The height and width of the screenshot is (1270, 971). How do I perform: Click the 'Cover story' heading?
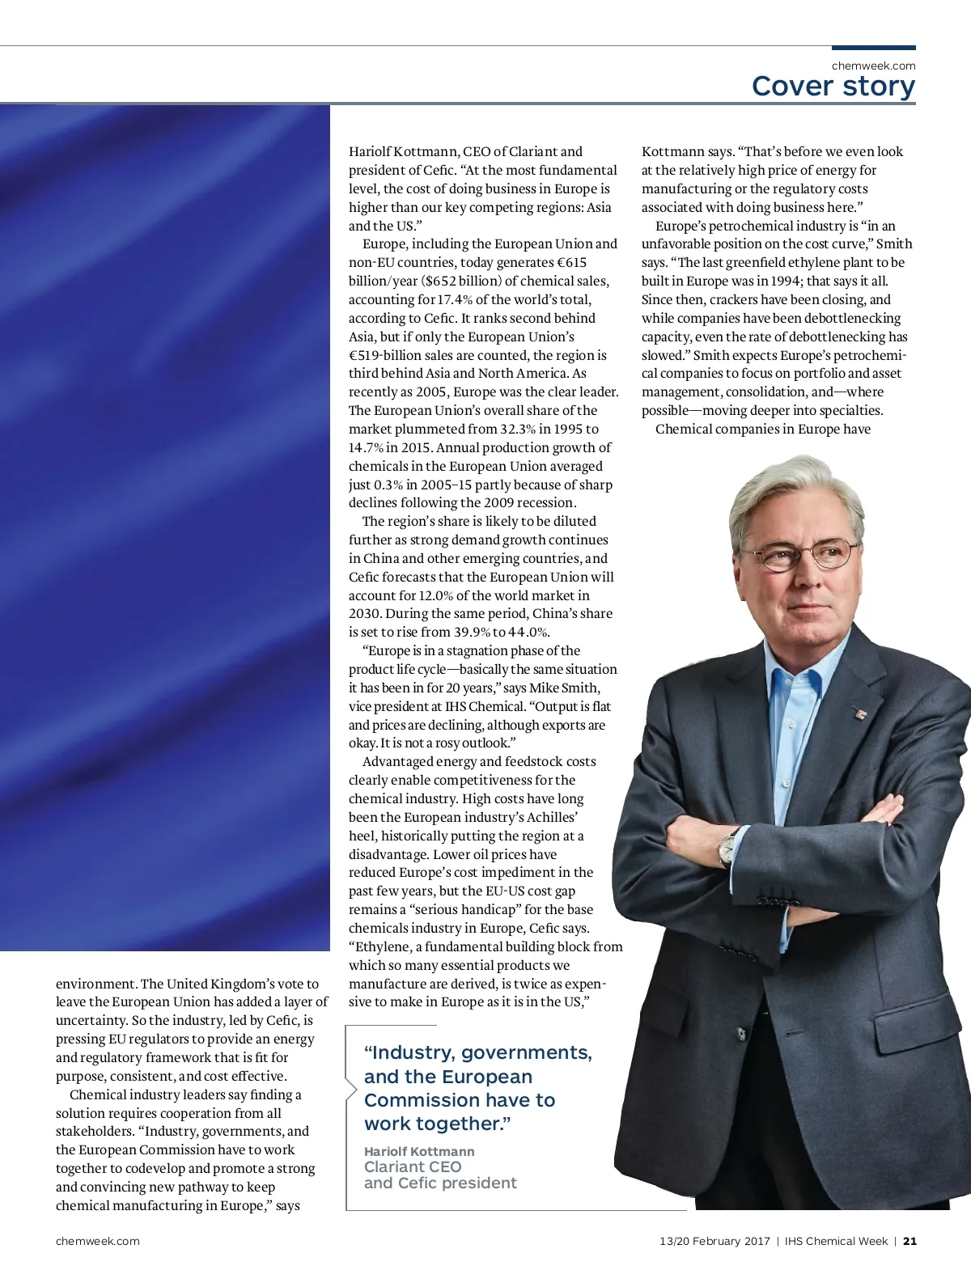click(x=833, y=86)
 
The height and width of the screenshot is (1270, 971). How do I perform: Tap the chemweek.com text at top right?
click(x=873, y=66)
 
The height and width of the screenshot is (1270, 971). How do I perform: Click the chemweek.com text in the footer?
click(x=97, y=1241)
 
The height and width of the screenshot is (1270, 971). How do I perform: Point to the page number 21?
click(x=910, y=1241)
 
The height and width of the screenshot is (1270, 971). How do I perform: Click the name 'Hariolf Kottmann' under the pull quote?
click(x=419, y=1151)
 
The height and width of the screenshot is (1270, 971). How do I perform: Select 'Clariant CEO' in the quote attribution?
click(x=413, y=1166)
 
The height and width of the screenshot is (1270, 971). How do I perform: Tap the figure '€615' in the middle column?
click(x=571, y=263)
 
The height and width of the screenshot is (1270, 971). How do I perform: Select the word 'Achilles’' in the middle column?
click(x=553, y=818)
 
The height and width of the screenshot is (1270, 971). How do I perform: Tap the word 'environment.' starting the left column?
click(x=96, y=984)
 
